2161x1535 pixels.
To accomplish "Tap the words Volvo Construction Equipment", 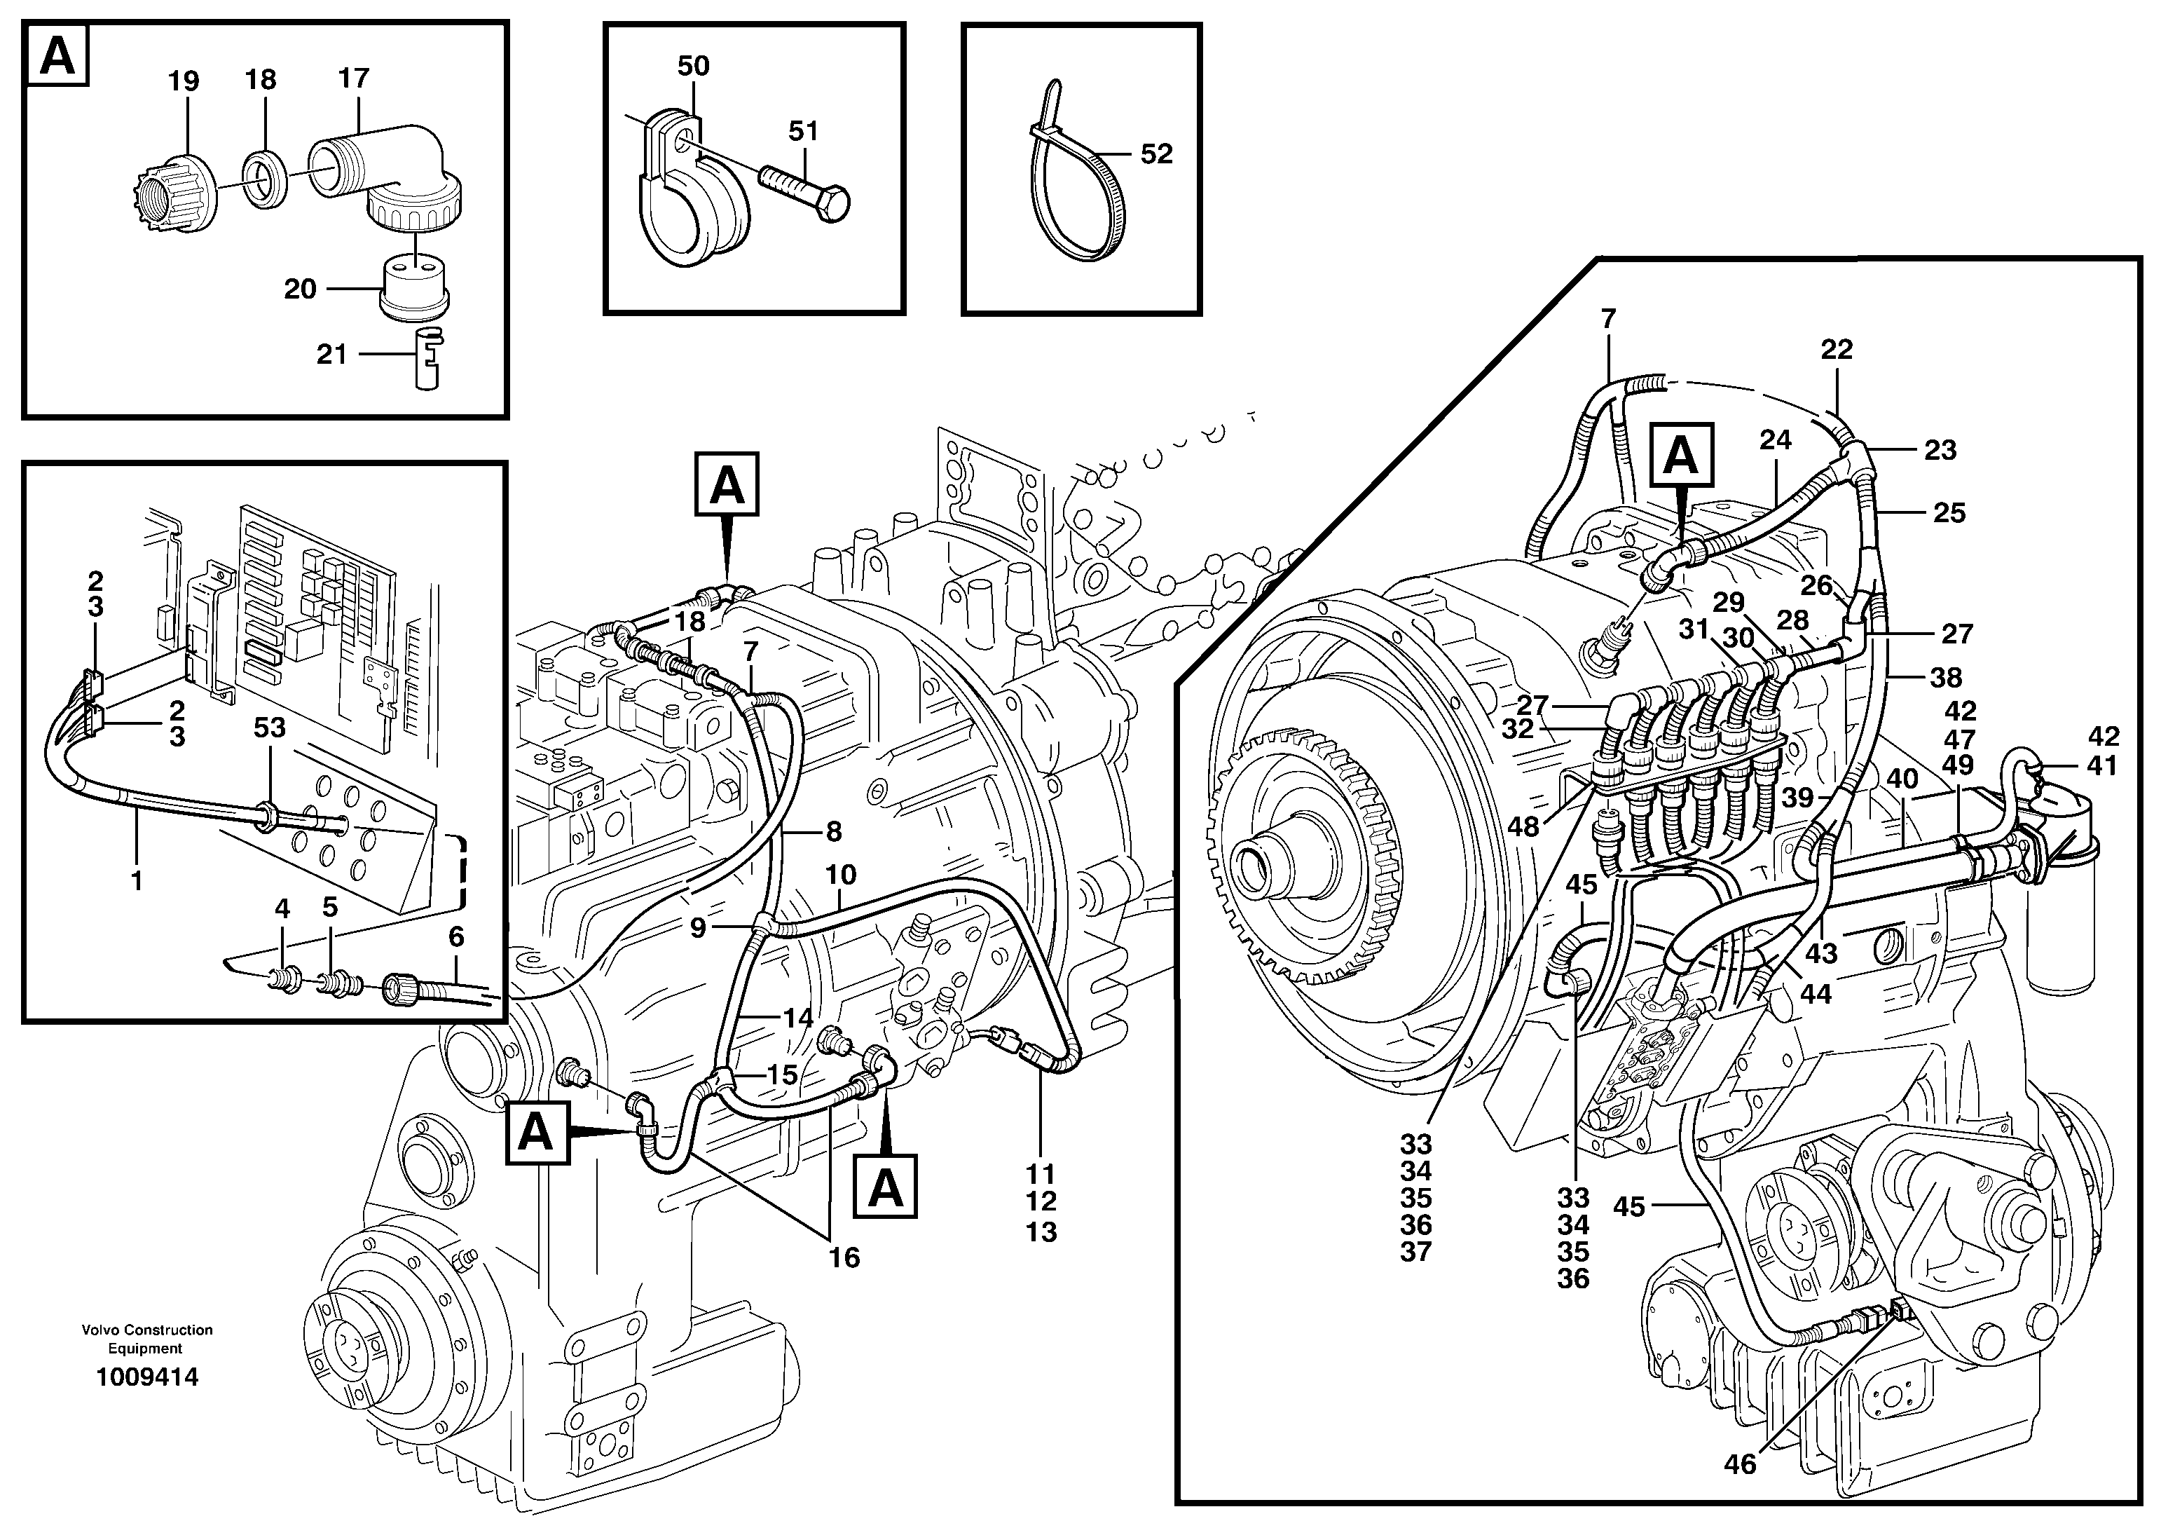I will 146,1339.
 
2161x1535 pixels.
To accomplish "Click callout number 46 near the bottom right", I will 1740,1464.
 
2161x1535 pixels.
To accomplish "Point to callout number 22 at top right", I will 1836,350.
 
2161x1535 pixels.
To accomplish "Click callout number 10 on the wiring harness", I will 840,874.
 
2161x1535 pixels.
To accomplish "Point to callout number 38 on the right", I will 1947,677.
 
